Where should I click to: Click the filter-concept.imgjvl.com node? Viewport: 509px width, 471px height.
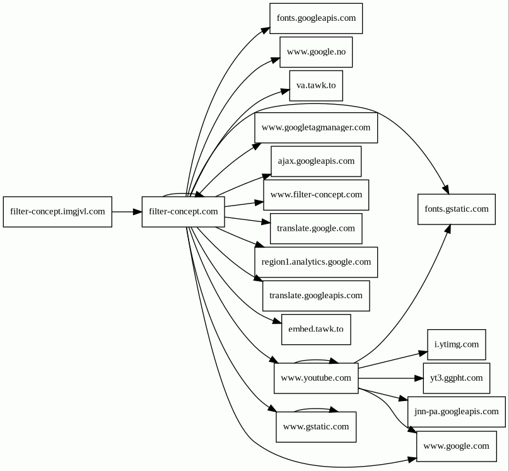[57, 212]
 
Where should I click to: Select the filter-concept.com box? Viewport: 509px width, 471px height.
[183, 212]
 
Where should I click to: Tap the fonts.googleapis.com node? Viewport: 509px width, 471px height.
[315, 18]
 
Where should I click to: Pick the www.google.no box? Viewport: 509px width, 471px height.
[315, 52]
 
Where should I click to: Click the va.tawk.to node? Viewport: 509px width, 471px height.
[315, 85]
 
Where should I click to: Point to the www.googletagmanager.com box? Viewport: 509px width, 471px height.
[315, 127]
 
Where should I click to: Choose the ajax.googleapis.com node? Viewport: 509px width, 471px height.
[315, 161]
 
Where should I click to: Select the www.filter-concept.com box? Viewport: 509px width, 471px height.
[315, 195]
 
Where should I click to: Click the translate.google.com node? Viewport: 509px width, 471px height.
[315, 228]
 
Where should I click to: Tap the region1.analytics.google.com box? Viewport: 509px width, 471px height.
[315, 262]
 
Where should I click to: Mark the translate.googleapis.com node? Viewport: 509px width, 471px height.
[315, 296]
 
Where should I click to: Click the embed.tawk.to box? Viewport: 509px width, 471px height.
[315, 329]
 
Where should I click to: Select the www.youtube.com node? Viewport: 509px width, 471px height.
[315, 378]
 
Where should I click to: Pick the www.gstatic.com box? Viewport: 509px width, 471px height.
[315, 427]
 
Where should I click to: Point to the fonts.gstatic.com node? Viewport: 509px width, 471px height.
[456, 209]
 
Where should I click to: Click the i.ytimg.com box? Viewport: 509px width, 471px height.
[456, 345]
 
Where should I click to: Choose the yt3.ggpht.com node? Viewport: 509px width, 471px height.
[456, 378]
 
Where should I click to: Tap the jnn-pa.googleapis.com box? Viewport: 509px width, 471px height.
[456, 412]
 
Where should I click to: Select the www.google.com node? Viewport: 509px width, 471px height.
[456, 446]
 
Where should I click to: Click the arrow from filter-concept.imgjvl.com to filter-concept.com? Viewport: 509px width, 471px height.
[127, 212]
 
